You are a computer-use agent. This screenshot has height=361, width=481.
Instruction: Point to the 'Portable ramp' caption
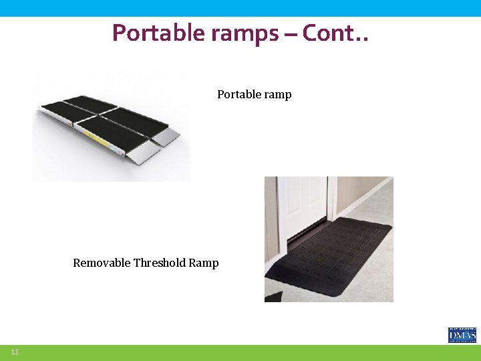pyautogui.click(x=254, y=94)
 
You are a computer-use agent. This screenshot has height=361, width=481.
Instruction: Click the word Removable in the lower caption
pyautogui.click(x=102, y=263)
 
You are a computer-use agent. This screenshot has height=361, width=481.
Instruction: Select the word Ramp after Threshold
pyautogui.click(x=204, y=263)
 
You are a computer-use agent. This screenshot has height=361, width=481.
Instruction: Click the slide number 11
pyautogui.click(x=15, y=352)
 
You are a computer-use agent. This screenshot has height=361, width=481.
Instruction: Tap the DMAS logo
pyautogui.click(x=462, y=334)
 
